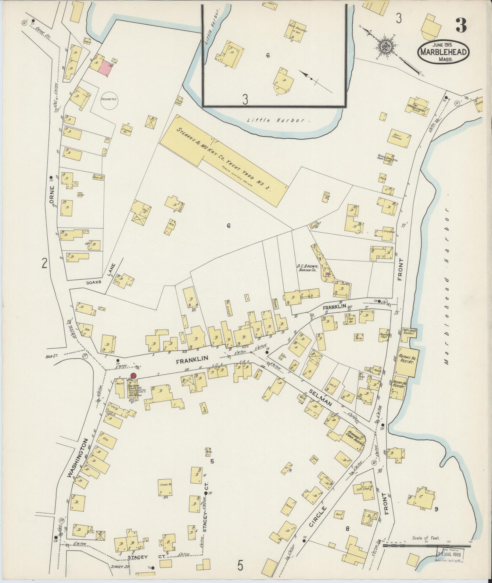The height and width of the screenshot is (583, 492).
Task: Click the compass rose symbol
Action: point(382,47)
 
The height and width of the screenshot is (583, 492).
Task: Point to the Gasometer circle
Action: point(109,99)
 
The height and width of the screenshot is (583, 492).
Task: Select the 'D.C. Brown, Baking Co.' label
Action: point(307,268)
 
